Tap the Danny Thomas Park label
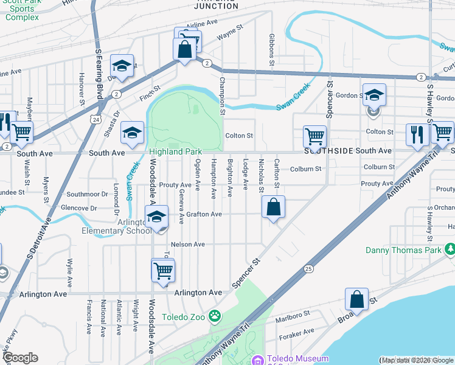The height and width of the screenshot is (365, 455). [403, 250]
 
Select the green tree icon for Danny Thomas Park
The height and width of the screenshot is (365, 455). [450, 249]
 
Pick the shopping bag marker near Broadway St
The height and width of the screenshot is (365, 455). [356, 299]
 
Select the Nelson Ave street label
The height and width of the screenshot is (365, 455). [188, 244]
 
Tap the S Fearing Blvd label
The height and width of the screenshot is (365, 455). [99, 73]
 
